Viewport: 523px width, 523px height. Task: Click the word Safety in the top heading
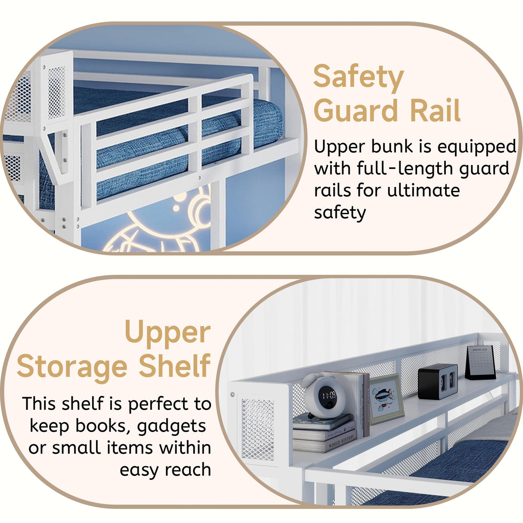point(358,78)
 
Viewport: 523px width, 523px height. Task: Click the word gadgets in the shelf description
point(171,426)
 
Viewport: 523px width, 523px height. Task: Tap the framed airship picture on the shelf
point(386,398)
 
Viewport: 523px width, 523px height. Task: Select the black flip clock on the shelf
point(437,381)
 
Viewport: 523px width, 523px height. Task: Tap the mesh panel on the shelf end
point(258,429)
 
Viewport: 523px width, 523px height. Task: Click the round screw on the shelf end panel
point(233,394)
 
